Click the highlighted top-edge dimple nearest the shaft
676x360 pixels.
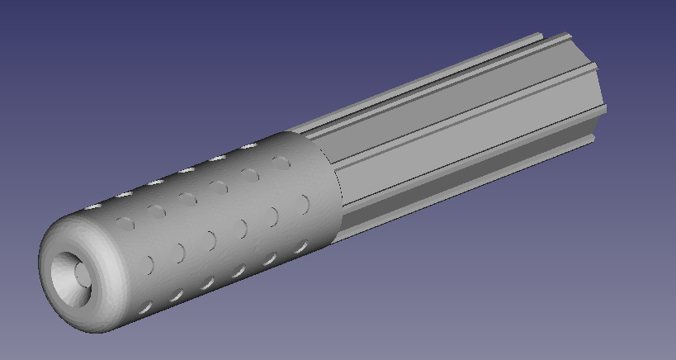249,148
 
